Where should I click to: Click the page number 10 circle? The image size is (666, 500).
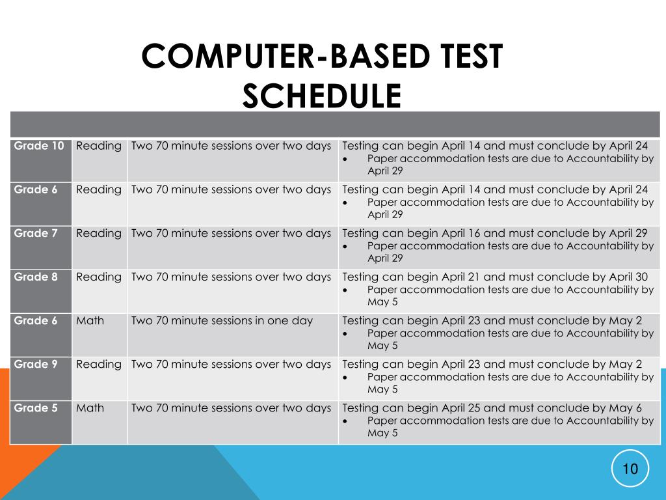click(630, 469)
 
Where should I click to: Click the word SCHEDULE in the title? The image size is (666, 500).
click(321, 96)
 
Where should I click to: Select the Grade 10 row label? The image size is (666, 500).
click(39, 146)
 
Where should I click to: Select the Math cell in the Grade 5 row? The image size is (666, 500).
click(90, 408)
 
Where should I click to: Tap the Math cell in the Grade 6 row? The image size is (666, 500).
click(90, 320)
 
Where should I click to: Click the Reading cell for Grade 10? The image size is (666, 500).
click(99, 146)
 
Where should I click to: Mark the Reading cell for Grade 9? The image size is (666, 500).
click(99, 364)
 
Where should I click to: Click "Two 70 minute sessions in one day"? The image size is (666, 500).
click(222, 320)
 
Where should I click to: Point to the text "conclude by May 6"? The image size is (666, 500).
click(598, 408)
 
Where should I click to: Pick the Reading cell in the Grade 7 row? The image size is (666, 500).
click(99, 233)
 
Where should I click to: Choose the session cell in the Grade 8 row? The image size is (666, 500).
click(231, 277)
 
